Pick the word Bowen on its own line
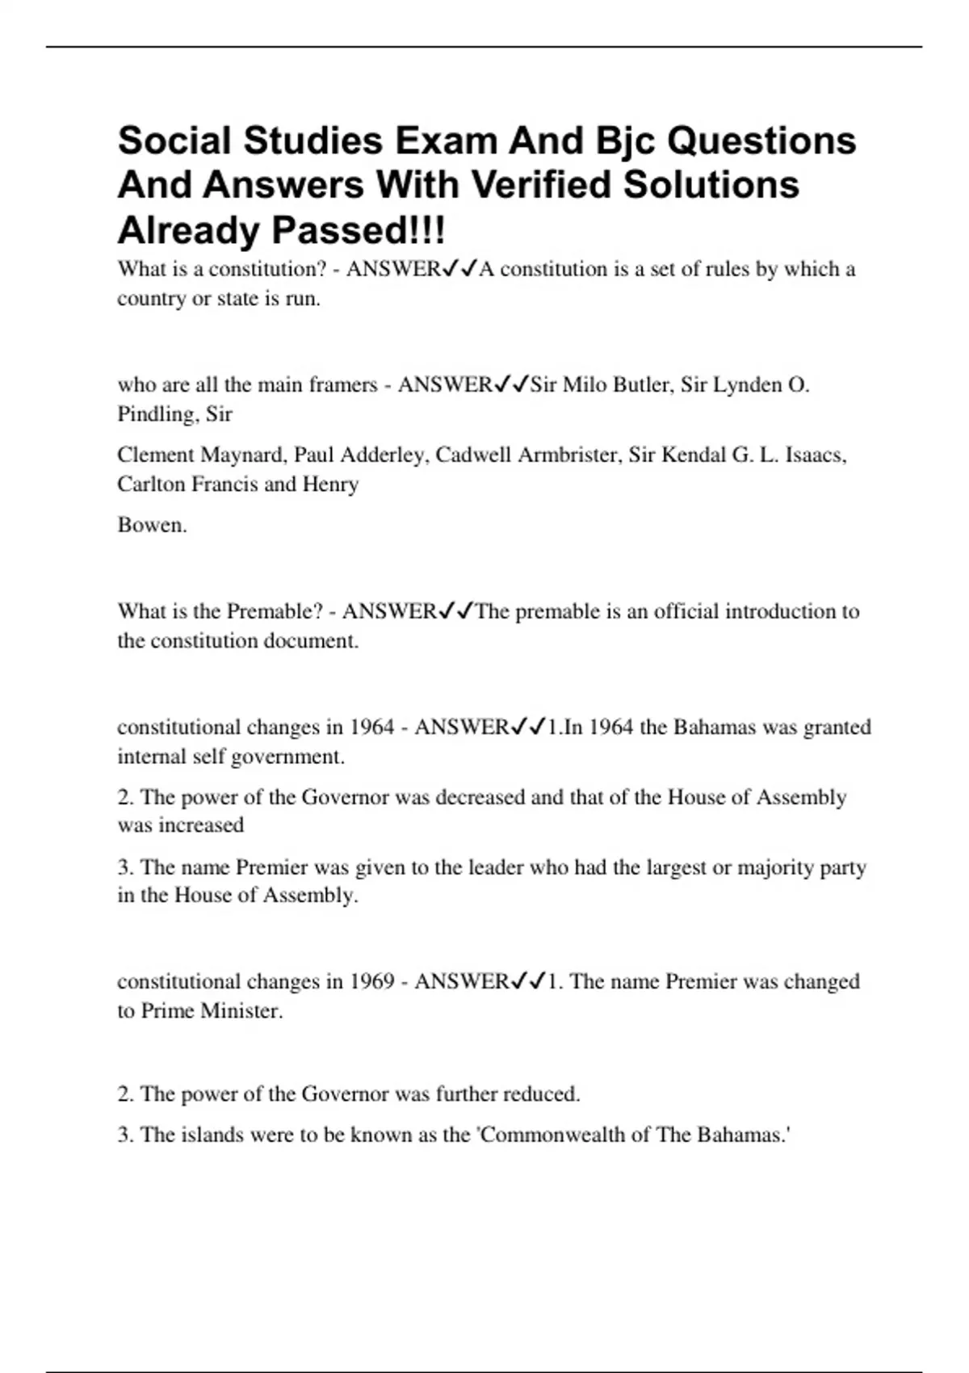click(152, 525)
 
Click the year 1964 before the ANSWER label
click(371, 728)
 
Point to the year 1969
click(371, 982)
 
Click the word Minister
click(241, 1011)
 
